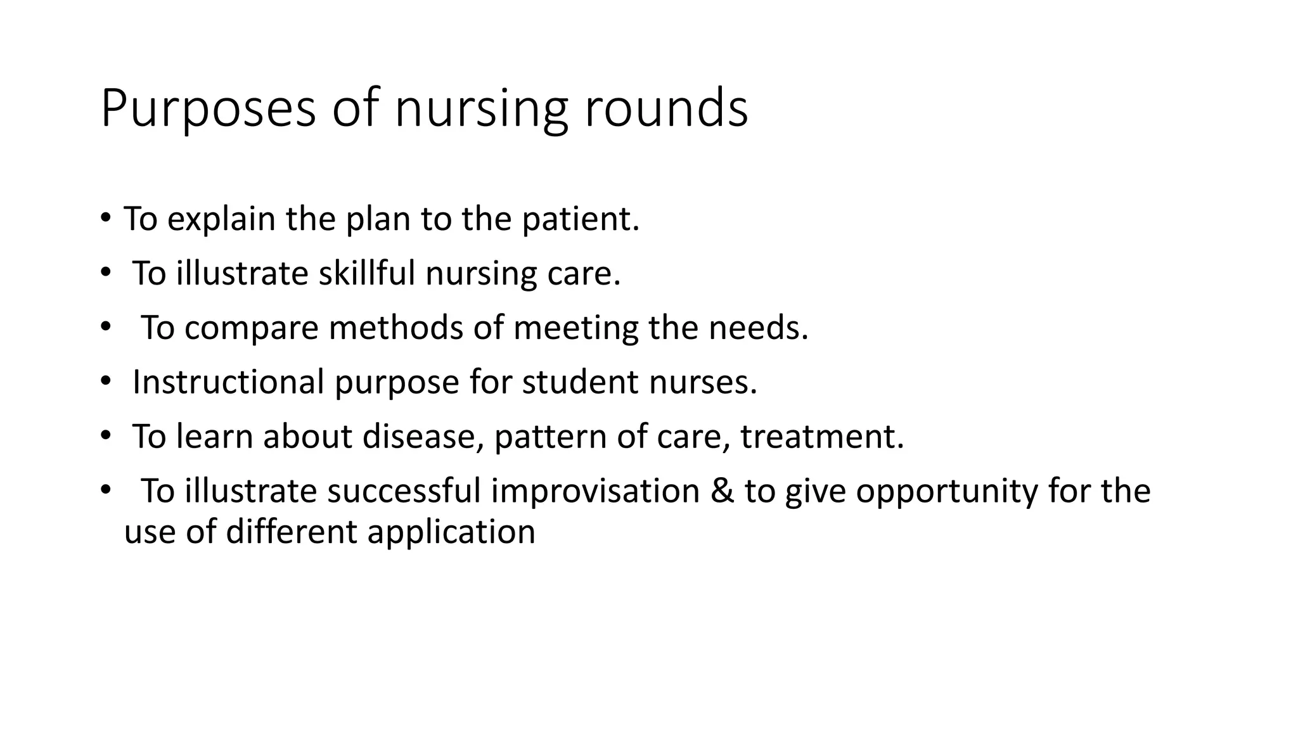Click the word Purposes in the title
click(x=208, y=109)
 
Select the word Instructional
click(x=228, y=382)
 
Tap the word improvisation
click(x=595, y=491)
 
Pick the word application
click(x=451, y=531)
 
